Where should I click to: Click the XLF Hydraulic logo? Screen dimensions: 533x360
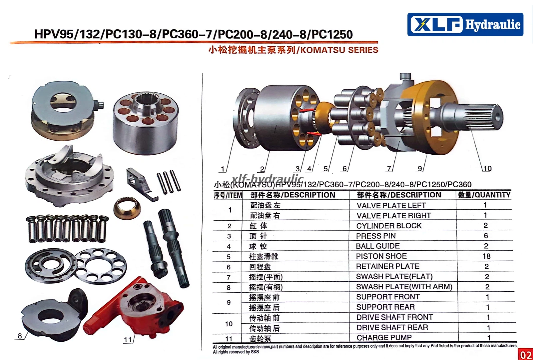pos(465,25)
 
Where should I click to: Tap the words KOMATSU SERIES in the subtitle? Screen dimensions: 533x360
pos(339,50)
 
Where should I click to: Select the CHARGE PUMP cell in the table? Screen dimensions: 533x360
pos(384,337)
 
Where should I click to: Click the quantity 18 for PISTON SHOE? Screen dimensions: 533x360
pos(486,256)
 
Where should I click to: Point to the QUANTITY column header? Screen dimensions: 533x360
pos(484,195)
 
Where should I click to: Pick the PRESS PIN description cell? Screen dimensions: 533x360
pos(376,236)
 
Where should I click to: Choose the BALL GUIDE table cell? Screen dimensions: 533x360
pos(378,246)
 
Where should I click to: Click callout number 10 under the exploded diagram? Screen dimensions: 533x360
pos(487,169)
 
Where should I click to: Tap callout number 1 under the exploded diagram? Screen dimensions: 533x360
pos(223,169)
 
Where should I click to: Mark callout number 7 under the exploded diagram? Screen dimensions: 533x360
pos(389,169)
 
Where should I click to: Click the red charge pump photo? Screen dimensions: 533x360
pos(134,307)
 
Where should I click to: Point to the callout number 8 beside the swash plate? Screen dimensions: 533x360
pos(20,336)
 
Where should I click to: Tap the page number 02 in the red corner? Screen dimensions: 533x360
pos(526,355)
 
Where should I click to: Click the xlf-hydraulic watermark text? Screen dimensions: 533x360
pos(267,179)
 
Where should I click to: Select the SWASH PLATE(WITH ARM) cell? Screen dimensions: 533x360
pos(404,287)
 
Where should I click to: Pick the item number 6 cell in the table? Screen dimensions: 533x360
pos(229,267)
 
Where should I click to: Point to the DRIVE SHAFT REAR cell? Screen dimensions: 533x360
pos(392,327)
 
